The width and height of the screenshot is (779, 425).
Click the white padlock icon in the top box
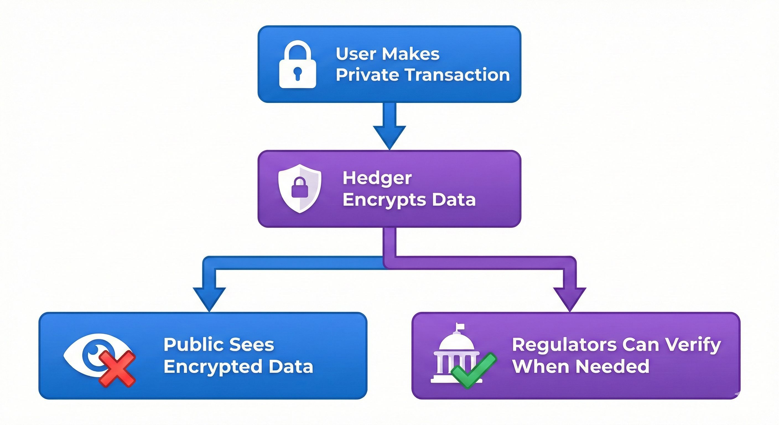click(x=298, y=64)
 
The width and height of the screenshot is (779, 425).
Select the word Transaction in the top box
click(x=458, y=75)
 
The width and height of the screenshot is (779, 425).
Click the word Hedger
click(x=377, y=178)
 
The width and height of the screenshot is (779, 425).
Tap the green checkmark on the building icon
click(x=473, y=370)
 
